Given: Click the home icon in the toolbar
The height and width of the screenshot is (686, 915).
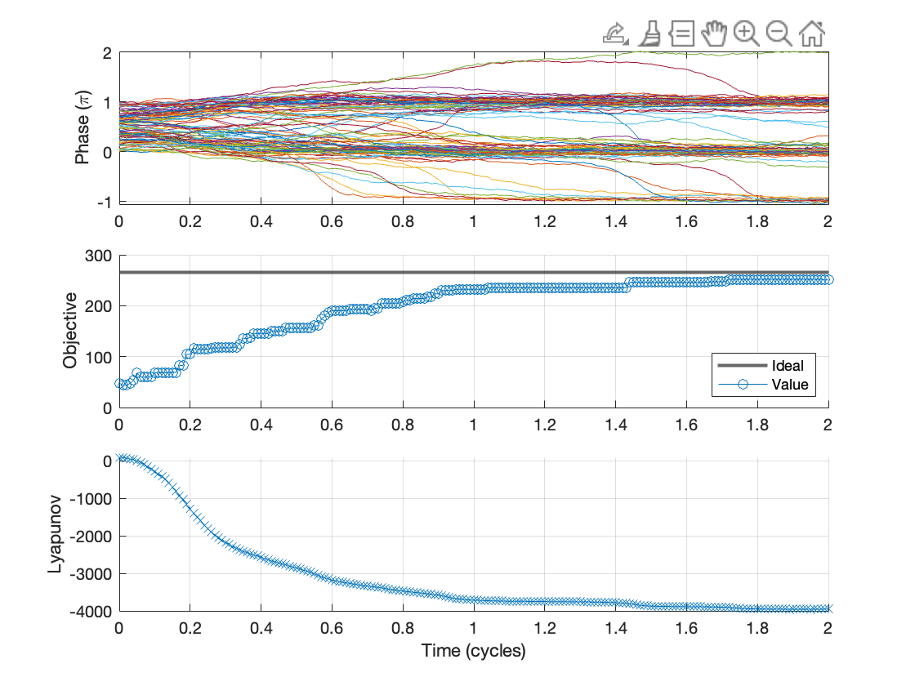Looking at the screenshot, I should coord(812,33).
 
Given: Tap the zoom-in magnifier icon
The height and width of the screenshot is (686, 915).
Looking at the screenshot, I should coord(746,33).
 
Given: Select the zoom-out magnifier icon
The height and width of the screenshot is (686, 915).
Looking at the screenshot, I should coord(779,33).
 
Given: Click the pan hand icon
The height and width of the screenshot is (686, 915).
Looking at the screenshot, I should coord(714,33).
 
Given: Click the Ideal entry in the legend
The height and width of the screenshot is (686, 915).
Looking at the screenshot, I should coord(787,365).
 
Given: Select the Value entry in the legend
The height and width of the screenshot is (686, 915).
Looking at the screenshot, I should coord(788,384).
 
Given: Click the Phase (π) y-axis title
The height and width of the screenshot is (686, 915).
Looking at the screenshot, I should coord(83,127).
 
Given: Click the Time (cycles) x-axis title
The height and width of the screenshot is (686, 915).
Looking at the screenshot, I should coord(473,651).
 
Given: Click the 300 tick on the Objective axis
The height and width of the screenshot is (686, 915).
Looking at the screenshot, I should coord(99,255).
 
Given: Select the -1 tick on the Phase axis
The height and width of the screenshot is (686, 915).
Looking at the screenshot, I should coord(104,202).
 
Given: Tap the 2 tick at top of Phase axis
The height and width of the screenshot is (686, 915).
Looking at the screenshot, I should coord(107,53).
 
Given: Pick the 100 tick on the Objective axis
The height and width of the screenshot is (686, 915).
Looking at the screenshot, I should coord(99,357).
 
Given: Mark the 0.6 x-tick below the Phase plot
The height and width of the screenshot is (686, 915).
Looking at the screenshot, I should coord(332,220).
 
